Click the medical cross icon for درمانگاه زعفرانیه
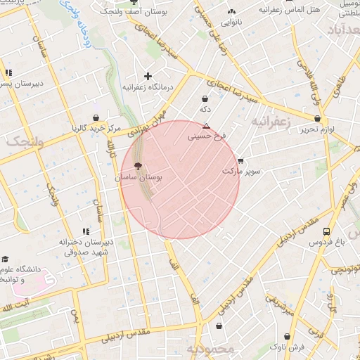tap(148, 76)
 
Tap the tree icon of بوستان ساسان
tap(137, 167)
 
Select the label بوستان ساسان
tap(139, 179)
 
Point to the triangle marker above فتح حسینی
tap(206, 126)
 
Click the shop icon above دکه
tap(205, 99)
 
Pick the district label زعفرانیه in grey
tap(270, 121)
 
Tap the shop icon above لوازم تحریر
tap(318, 119)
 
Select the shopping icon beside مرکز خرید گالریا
tap(96, 117)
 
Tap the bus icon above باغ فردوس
tap(326, 231)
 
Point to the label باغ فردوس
tap(326, 243)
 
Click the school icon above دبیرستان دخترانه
tap(86, 231)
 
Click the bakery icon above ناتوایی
tap(231, 11)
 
